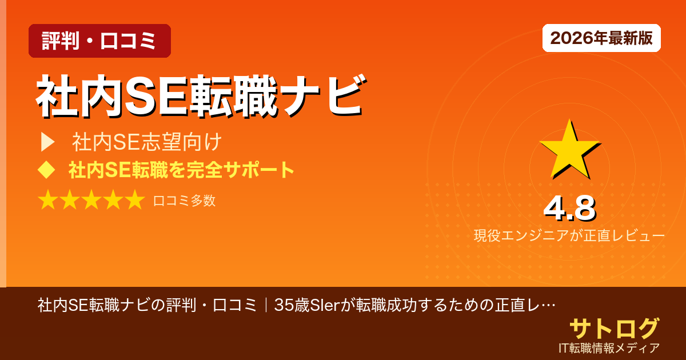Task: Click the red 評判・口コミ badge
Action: point(99,41)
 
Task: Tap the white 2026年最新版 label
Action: point(601,38)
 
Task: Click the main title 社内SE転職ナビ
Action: point(200,97)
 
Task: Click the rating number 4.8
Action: point(569,209)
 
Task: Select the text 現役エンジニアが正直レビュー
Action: point(569,235)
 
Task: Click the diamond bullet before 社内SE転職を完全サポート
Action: point(46,170)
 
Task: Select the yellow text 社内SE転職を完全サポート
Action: point(181,170)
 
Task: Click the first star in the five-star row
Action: point(48,201)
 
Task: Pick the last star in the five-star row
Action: point(134,201)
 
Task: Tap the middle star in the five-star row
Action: point(91,201)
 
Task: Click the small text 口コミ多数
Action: point(184,201)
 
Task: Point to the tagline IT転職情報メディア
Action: point(609,347)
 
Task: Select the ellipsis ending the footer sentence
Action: point(548,305)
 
